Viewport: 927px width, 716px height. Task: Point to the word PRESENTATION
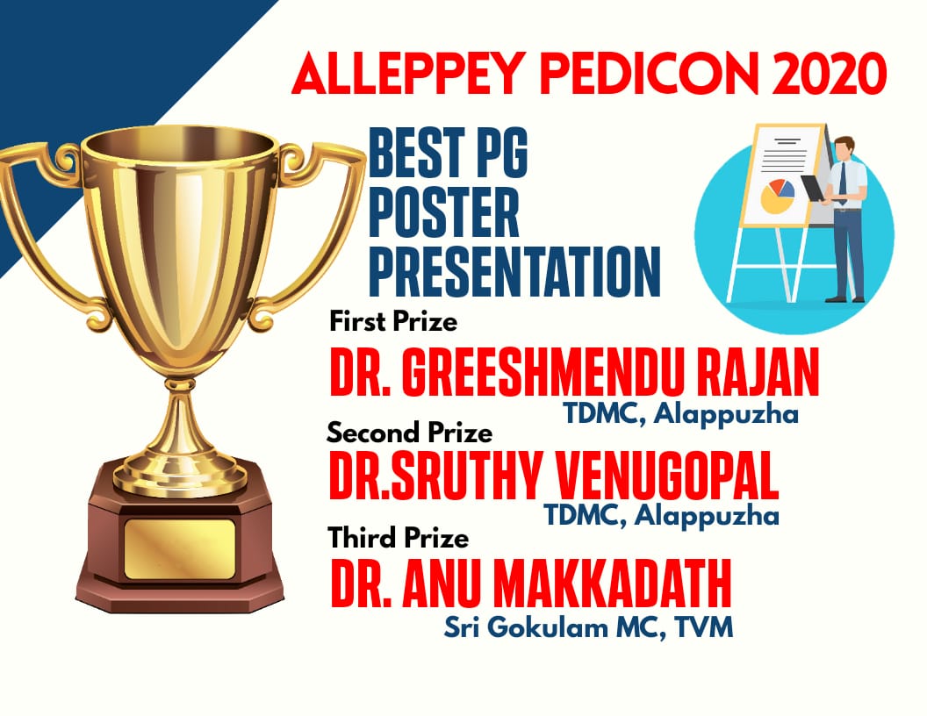coord(514,272)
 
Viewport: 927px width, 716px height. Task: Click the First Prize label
coord(393,322)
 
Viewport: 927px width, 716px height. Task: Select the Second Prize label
coord(410,433)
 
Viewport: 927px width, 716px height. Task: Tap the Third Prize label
coord(399,538)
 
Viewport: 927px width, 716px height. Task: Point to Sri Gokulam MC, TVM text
coord(588,626)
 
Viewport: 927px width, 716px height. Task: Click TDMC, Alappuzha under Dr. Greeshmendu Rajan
coord(680,413)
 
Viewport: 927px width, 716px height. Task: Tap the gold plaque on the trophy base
coord(180,549)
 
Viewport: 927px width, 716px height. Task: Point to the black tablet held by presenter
coord(813,189)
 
